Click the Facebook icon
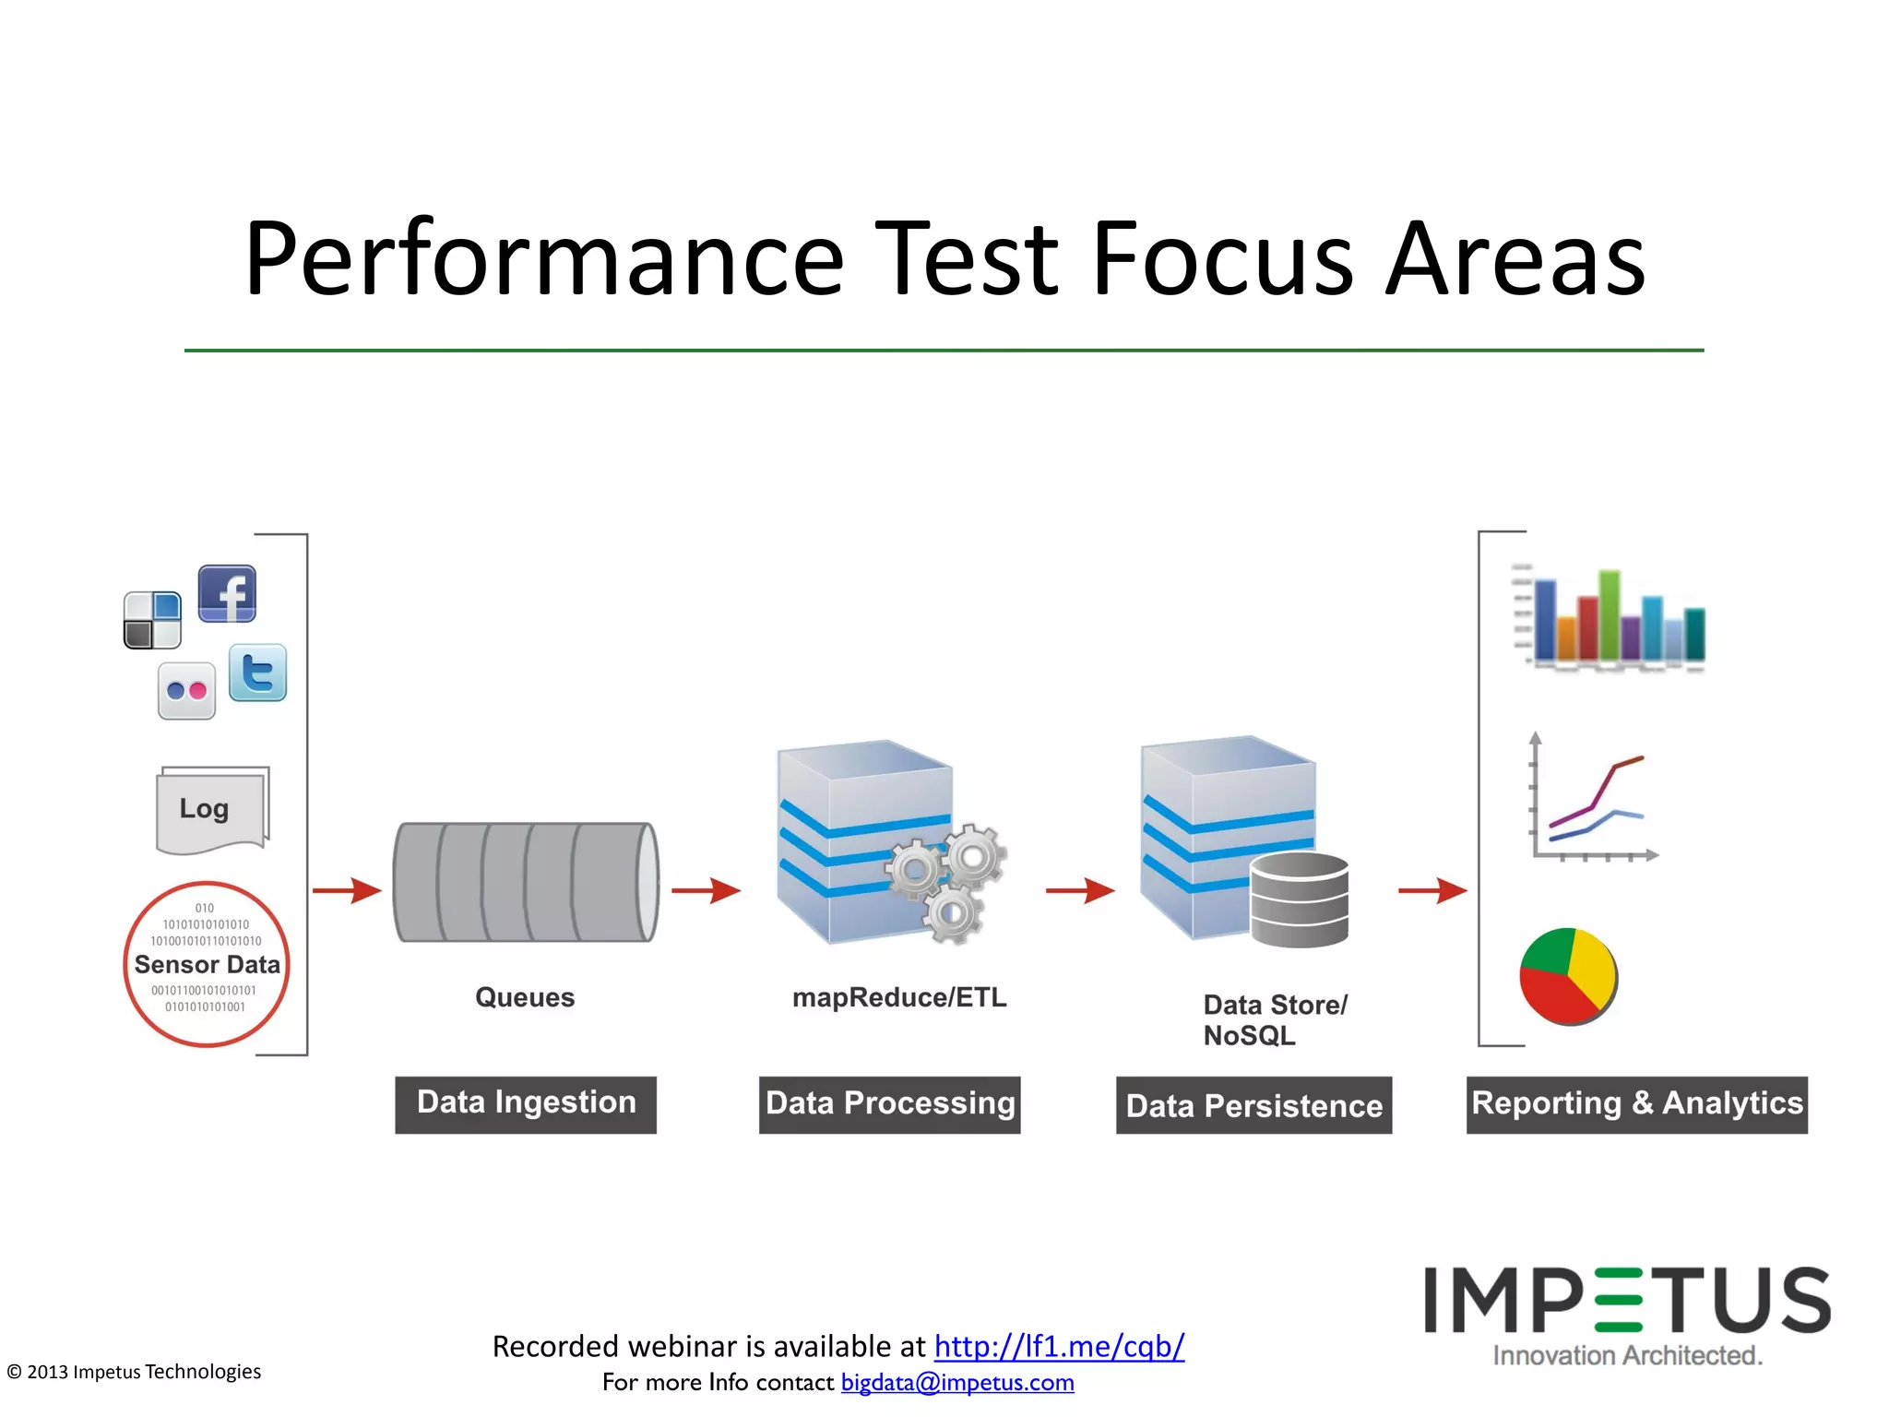(x=227, y=593)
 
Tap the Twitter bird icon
(x=257, y=673)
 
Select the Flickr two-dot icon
(x=186, y=691)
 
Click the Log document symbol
(x=212, y=809)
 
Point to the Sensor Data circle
(x=207, y=964)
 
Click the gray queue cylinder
(x=526, y=882)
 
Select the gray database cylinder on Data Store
(x=1300, y=899)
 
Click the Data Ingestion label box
(x=526, y=1103)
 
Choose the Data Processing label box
(x=889, y=1104)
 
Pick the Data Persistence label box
(x=1253, y=1105)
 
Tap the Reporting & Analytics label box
(x=1636, y=1103)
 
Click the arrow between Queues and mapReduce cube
(x=706, y=890)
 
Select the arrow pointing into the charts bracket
(x=1432, y=890)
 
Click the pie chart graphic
(x=1568, y=976)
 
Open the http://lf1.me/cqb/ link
(x=1059, y=1346)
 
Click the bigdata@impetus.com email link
(x=957, y=1382)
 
